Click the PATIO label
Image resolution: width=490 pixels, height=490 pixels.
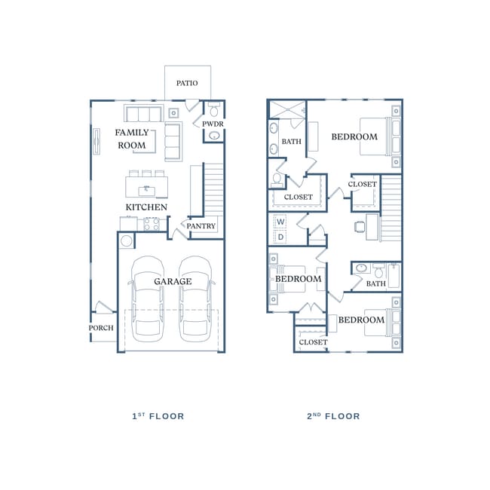pos(187,83)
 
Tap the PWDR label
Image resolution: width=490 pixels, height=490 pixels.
pos(213,124)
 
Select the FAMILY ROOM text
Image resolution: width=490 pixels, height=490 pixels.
pos(131,139)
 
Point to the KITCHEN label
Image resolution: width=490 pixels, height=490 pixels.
pos(146,207)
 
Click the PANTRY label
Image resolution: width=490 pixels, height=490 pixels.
pos(201,226)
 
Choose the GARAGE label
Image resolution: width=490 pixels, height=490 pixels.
pos(173,281)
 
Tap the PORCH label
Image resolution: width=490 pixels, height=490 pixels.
pos(101,328)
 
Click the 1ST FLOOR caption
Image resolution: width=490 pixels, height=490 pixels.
pos(158,416)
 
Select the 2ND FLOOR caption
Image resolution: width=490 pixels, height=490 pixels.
pos(333,416)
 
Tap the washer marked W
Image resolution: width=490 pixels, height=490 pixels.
pos(280,222)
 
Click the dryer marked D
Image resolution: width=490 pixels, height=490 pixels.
pos(280,237)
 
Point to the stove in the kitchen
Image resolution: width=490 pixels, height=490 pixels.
pos(152,224)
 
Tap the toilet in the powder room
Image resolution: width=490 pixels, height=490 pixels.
pos(213,108)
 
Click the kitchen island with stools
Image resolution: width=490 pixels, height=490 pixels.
pos(146,185)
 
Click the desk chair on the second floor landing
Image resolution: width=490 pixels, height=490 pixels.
pos(360,225)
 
